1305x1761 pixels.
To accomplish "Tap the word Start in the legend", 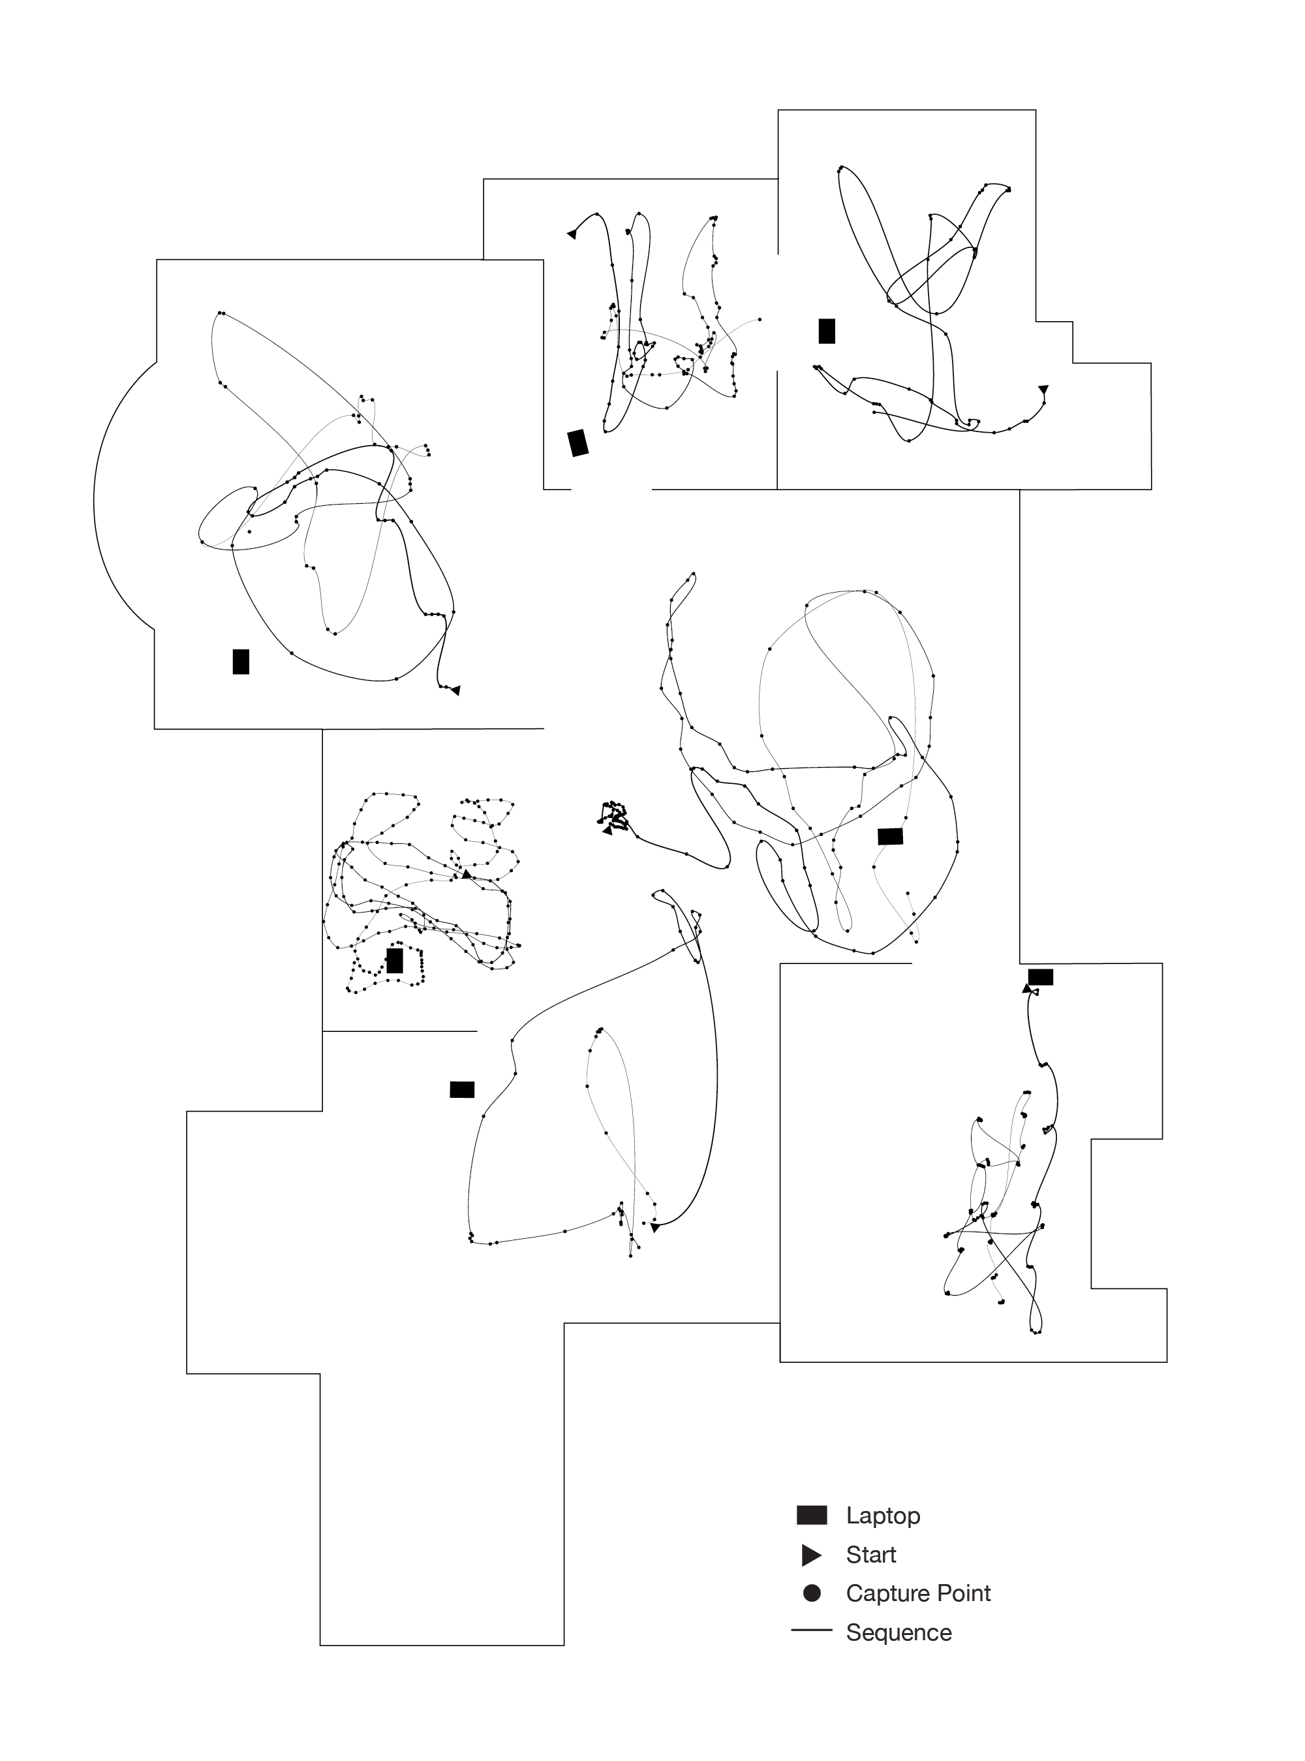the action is coord(870,1555).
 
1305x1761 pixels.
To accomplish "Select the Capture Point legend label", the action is coord(918,1593).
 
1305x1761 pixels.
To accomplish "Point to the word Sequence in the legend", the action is coord(898,1632).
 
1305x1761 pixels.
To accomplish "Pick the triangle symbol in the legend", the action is coord(811,1555).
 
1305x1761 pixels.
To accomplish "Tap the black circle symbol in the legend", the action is coord(811,1593).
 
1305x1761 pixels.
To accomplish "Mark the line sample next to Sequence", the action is coord(811,1630).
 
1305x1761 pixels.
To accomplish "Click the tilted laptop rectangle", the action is coord(578,443).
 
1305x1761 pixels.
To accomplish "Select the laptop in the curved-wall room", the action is coord(241,661).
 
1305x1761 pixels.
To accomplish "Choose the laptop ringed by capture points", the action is coord(395,961).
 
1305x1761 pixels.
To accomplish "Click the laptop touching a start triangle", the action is coord(1040,977).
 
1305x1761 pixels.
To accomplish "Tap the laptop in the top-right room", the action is coord(826,331).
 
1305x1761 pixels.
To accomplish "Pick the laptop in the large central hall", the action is coord(890,836).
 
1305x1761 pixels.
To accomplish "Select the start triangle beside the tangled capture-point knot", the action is coord(607,830).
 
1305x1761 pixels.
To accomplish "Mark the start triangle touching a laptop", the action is coord(1026,988).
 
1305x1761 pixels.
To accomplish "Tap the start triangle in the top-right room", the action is coord(1043,390).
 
